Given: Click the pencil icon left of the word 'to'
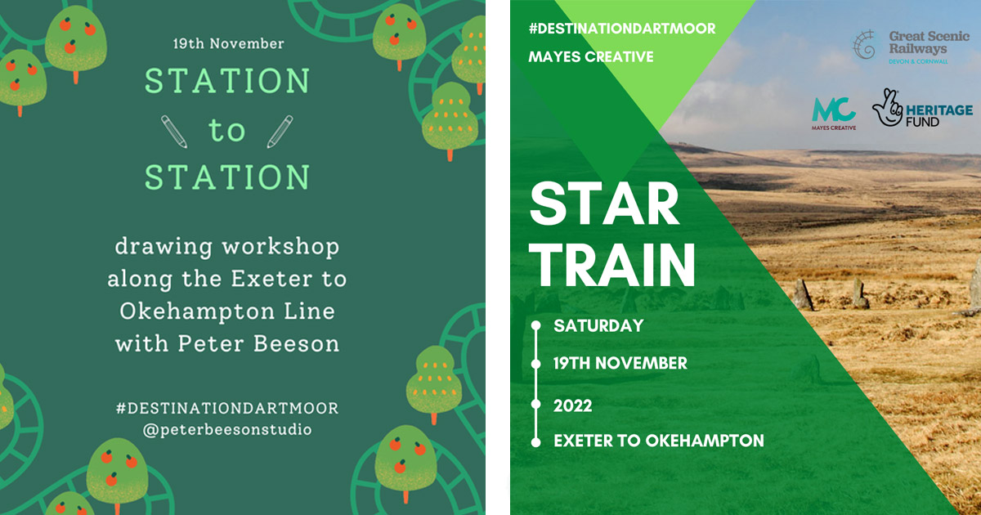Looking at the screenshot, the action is coord(174,132).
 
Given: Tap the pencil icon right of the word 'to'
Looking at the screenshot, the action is coord(280,132).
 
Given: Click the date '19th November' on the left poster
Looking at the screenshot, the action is coord(229,43).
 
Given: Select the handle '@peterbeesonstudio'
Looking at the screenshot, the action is coord(227,430).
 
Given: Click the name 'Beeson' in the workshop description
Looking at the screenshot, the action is coord(297,343).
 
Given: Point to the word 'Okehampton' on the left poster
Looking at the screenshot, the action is coord(197,311).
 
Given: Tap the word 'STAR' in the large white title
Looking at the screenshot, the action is coord(604,204).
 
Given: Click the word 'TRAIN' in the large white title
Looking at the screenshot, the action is coord(612,265).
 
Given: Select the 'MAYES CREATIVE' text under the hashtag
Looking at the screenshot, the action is coord(591,56).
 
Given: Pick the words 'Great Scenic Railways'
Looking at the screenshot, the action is coord(929,42).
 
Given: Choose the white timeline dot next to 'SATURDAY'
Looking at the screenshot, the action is coord(535,325).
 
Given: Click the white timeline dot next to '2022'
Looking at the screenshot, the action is coord(535,404).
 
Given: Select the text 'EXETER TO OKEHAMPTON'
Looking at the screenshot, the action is coord(659,441).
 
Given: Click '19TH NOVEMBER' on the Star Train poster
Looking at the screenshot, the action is coord(620,363).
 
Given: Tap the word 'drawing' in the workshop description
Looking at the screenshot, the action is coord(163,247).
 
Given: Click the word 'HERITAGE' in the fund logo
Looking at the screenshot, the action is coord(939,110).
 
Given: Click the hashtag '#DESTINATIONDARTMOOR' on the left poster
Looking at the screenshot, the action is coord(227,408).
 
